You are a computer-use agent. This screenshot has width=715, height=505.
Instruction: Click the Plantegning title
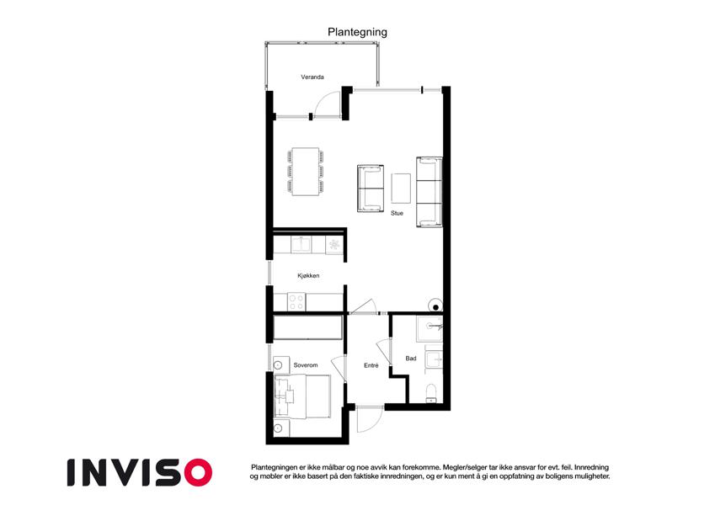click(357, 32)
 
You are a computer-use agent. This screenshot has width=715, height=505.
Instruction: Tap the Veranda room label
click(312, 77)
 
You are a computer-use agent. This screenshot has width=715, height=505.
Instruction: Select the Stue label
click(397, 213)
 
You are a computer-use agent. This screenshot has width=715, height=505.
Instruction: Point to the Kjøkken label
click(308, 276)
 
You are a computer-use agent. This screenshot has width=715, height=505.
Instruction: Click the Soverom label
click(306, 365)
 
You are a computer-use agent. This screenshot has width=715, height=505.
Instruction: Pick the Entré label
click(371, 365)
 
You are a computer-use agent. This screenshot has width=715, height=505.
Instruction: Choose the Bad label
click(411, 359)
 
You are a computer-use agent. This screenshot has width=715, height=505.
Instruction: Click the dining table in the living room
click(306, 172)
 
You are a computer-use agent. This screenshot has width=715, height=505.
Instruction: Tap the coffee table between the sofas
click(401, 189)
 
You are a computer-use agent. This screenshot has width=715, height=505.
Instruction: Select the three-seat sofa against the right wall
click(430, 192)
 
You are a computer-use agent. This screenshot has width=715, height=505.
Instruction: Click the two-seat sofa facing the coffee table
click(370, 189)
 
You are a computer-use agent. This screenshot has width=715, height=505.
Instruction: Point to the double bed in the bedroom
click(301, 396)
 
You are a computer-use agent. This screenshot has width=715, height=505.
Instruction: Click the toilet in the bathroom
click(431, 394)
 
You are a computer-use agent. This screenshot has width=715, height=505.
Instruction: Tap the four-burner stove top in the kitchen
click(296, 301)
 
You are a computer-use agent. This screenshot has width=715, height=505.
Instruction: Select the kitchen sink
click(301, 245)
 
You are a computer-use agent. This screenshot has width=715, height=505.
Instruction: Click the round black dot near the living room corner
click(435, 308)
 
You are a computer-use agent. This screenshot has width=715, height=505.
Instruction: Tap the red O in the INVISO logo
click(198, 473)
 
